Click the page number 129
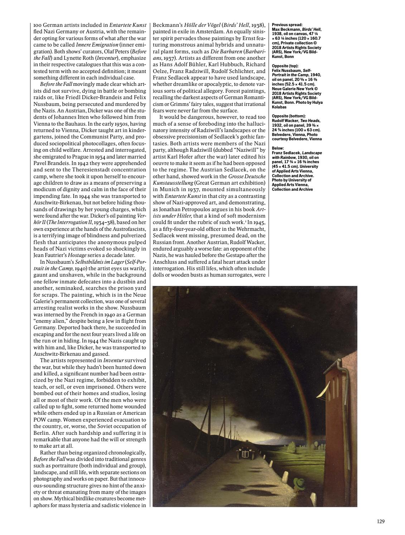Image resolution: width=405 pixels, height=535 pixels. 381,521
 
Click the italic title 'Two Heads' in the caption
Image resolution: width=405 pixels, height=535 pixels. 311,121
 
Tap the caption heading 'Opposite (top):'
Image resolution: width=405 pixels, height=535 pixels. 284,66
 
